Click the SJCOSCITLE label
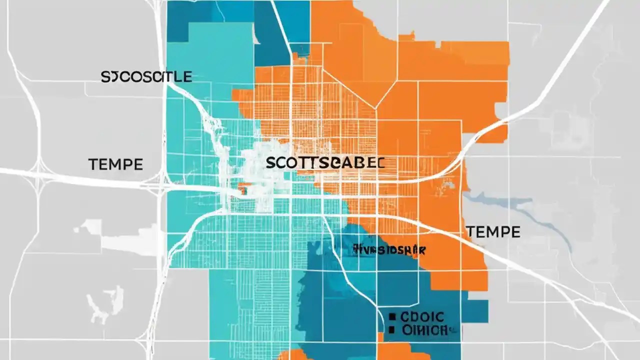(x=146, y=76)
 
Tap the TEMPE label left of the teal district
(x=115, y=164)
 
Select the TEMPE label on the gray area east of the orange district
(x=493, y=232)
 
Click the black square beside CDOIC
(x=392, y=316)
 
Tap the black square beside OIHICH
(x=392, y=329)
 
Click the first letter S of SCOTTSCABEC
(x=270, y=163)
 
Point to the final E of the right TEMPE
(x=515, y=232)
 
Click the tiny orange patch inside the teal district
(x=243, y=188)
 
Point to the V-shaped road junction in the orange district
(x=376, y=106)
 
